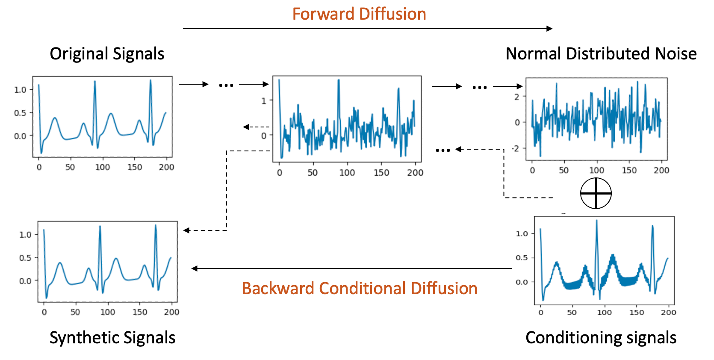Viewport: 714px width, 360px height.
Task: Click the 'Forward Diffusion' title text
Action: (359, 14)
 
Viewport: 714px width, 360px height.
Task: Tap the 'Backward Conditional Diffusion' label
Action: (360, 289)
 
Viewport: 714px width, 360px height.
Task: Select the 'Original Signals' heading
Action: (107, 54)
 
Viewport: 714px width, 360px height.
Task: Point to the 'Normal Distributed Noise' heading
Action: (601, 54)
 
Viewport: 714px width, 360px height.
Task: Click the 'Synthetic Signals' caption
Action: (112, 338)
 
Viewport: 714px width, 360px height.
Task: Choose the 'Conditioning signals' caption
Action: (601, 338)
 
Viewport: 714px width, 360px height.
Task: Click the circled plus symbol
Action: (596, 193)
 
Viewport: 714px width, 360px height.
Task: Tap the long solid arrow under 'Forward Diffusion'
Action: (368, 29)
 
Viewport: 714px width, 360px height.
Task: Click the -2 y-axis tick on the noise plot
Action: (516, 148)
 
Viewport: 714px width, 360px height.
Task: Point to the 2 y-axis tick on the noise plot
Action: (516, 97)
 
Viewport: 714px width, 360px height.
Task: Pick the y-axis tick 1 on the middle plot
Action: (264, 101)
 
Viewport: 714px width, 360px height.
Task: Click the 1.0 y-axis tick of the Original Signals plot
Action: (20, 90)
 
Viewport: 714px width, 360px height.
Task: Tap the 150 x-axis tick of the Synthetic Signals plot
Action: (140, 312)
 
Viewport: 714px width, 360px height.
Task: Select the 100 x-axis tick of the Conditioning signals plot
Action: (604, 313)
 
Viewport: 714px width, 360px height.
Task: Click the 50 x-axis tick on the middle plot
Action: (313, 173)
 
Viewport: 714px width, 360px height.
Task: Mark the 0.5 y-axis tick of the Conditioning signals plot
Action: (522, 258)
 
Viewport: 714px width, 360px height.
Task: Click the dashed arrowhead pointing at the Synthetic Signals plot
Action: (186, 230)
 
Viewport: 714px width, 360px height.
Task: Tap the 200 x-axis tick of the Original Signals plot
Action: (166, 167)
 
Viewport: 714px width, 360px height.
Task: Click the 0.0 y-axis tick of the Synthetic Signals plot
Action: (25, 281)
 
